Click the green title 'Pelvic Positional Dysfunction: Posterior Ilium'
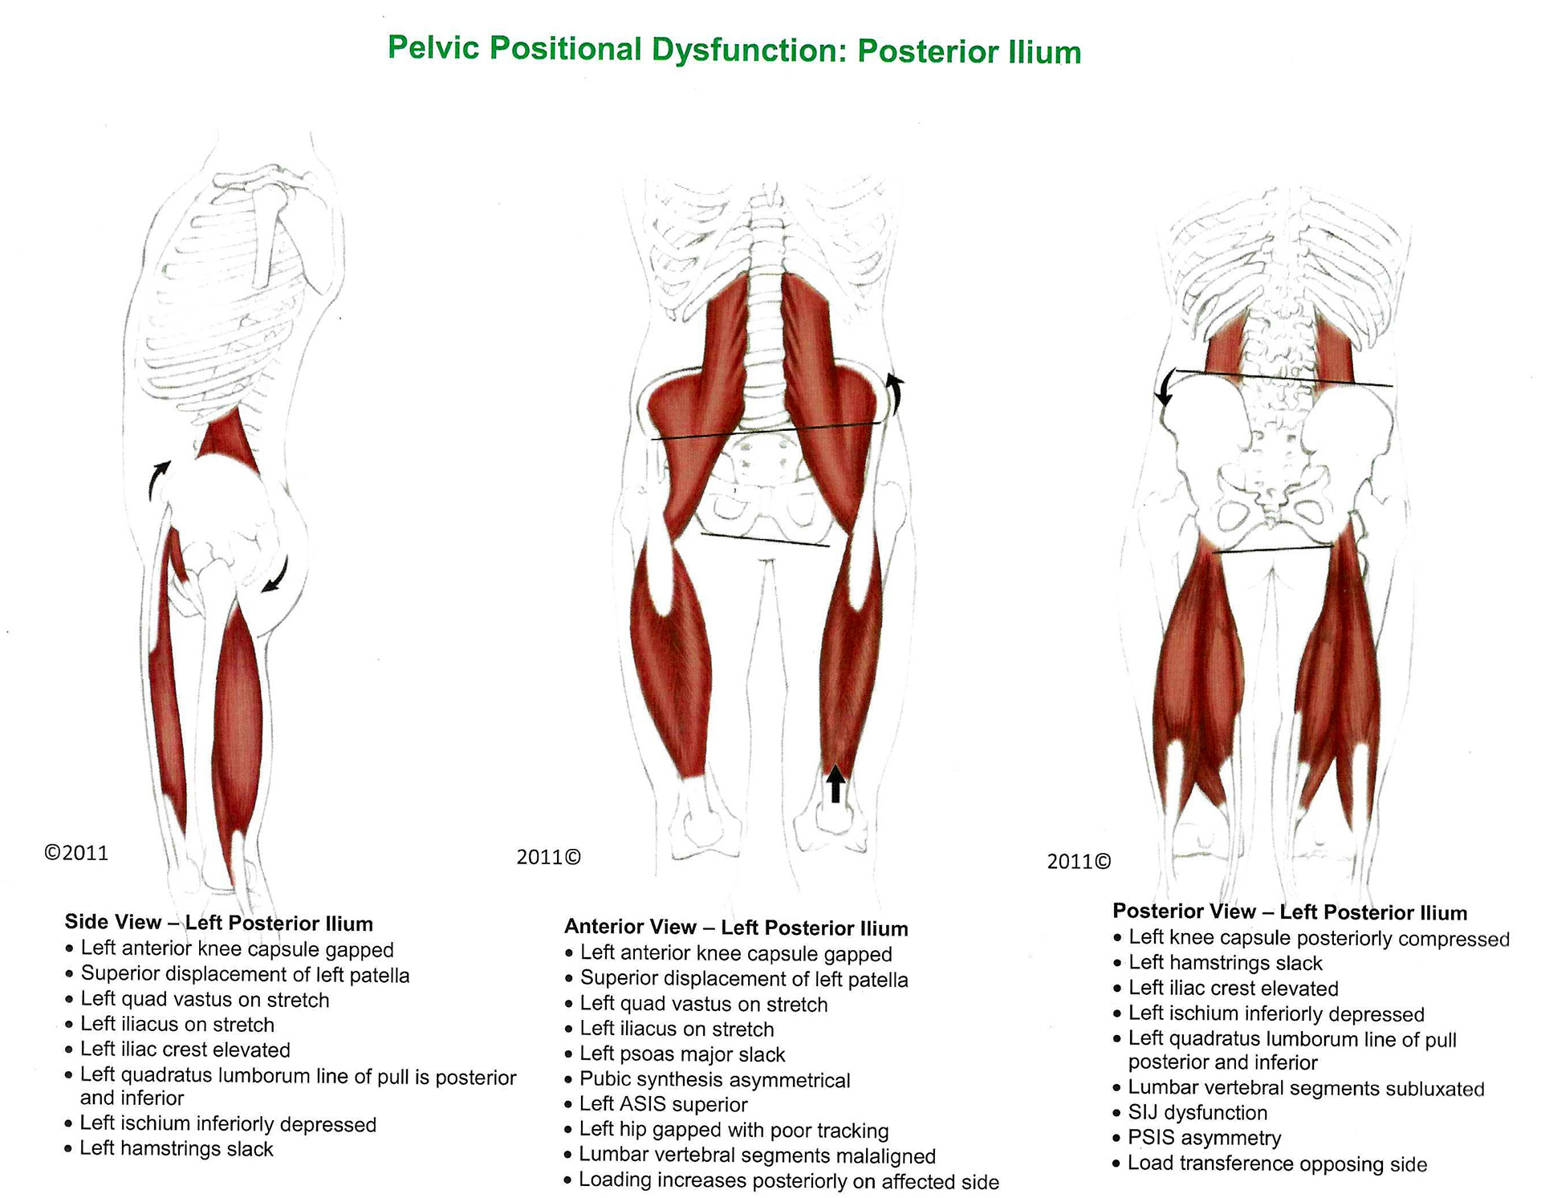(x=734, y=50)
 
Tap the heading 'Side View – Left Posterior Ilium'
(x=218, y=923)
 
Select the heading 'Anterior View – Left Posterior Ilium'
(x=736, y=928)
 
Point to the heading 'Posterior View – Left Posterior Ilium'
(x=1290, y=912)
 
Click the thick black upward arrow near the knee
(x=836, y=784)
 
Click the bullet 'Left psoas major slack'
(x=682, y=1054)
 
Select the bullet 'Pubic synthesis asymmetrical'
(x=714, y=1080)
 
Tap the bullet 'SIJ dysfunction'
(x=1197, y=1113)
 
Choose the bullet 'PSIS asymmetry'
(x=1204, y=1138)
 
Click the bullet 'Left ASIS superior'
(x=664, y=1105)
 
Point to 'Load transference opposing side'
(x=1277, y=1163)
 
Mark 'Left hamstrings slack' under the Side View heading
(x=177, y=1148)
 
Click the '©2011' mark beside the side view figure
(x=76, y=852)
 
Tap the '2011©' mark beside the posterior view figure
(x=1080, y=862)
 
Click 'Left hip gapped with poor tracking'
(x=734, y=1131)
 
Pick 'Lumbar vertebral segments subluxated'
(x=1306, y=1088)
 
